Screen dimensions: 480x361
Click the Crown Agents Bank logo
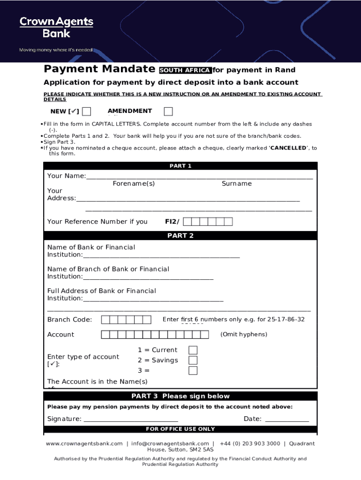point(56,27)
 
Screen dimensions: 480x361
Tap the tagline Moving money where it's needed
point(55,50)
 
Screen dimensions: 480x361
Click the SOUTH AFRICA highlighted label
point(185,71)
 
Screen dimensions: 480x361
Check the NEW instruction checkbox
point(86,112)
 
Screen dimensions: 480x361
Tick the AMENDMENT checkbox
point(168,112)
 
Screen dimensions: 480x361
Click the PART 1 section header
point(180,166)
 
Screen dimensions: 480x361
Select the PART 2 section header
point(180,236)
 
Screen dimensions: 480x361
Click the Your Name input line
point(199,177)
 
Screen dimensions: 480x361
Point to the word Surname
point(237,184)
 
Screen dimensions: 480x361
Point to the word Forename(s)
point(134,184)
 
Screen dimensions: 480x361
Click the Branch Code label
point(69,320)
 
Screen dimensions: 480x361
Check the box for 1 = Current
point(193,350)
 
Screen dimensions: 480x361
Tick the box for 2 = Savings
point(193,360)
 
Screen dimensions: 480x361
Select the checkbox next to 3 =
point(193,371)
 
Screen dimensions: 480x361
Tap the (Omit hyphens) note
point(244,334)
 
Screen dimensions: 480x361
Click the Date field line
point(287,420)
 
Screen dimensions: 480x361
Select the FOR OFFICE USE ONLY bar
point(180,429)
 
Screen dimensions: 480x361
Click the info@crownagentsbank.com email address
point(170,443)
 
